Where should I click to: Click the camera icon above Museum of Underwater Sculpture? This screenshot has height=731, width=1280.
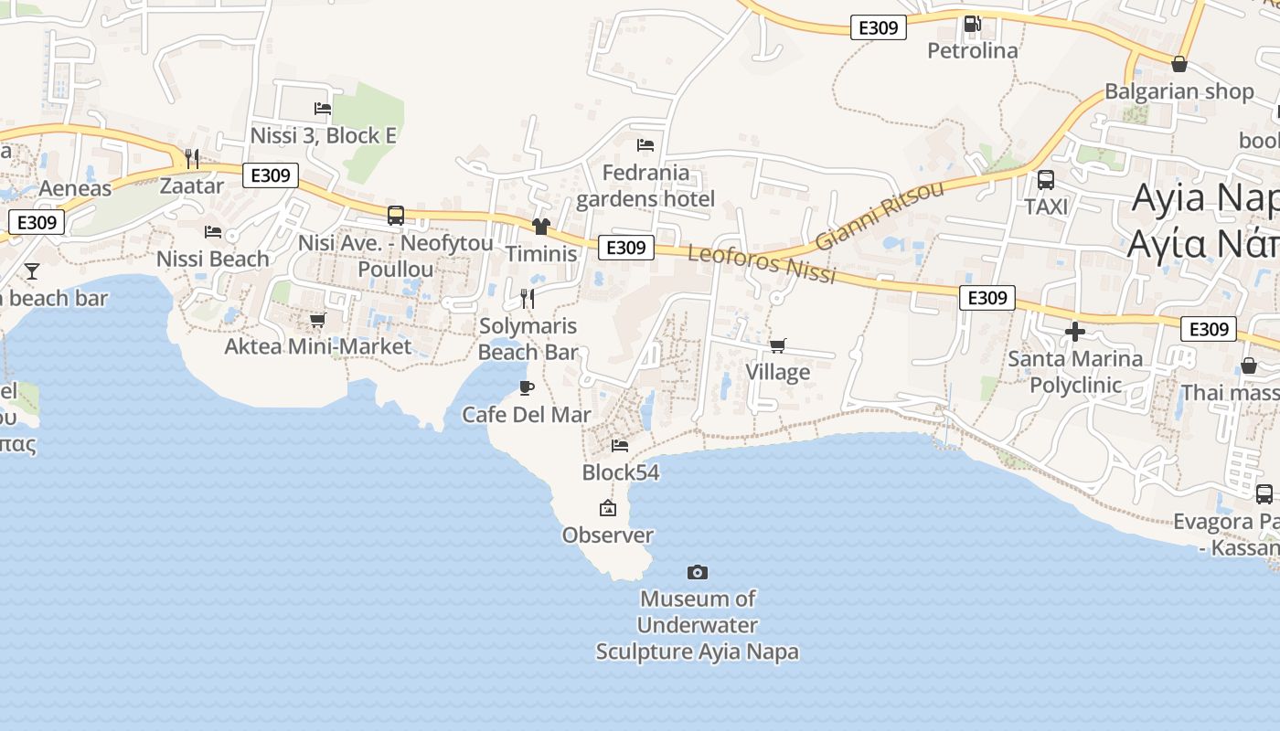pyautogui.click(x=698, y=573)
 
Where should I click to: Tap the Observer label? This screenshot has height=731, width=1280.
pyautogui.click(x=608, y=535)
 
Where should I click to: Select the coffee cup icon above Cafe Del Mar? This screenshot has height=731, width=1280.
pyautogui.click(x=527, y=387)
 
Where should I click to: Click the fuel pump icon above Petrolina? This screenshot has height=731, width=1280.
pyautogui.click(x=973, y=24)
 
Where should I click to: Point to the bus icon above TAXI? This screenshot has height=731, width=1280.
pyautogui.click(x=1046, y=180)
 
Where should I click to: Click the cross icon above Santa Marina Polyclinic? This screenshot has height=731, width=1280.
pyautogui.click(x=1075, y=332)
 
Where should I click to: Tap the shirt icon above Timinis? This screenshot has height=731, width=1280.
pyautogui.click(x=541, y=227)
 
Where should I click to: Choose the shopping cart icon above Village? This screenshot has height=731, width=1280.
pyautogui.click(x=777, y=345)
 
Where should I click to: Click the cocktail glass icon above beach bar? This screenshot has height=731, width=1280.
pyautogui.click(x=32, y=270)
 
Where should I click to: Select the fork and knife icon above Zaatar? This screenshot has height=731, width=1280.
pyautogui.click(x=192, y=159)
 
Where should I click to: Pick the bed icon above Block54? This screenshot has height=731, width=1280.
pyautogui.click(x=620, y=446)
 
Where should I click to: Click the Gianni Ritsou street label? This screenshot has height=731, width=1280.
pyautogui.click(x=879, y=216)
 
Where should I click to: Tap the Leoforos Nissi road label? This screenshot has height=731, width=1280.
pyautogui.click(x=762, y=264)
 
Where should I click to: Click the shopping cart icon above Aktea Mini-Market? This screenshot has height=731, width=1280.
pyautogui.click(x=318, y=320)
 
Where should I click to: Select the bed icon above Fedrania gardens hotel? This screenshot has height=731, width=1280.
pyautogui.click(x=645, y=145)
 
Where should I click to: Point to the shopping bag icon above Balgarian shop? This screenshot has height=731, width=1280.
pyautogui.click(x=1179, y=64)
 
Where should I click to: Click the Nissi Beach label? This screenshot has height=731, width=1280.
pyautogui.click(x=213, y=259)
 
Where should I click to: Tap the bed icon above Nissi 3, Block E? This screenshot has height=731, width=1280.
pyautogui.click(x=323, y=109)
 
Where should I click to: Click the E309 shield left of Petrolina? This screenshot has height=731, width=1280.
pyautogui.click(x=879, y=27)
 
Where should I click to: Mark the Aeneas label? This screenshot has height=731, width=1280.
pyautogui.click(x=75, y=189)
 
